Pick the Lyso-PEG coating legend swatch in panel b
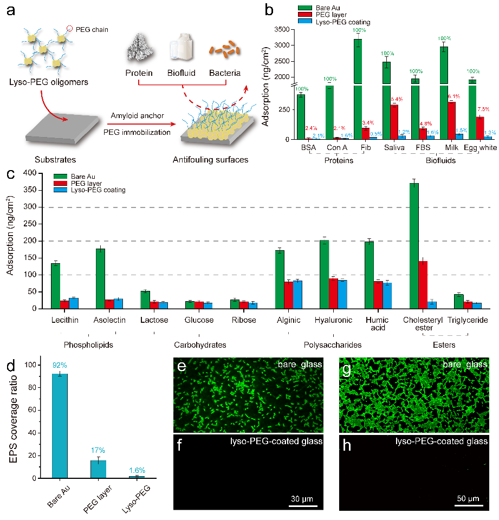pyautogui.click(x=305, y=22)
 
